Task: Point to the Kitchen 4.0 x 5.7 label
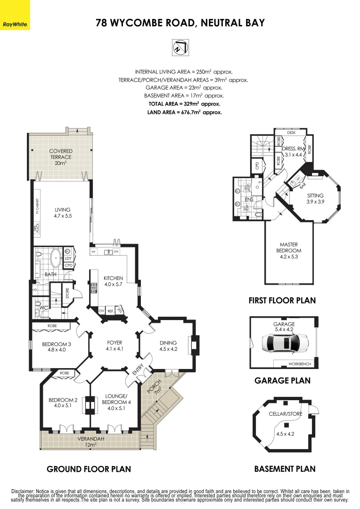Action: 113,281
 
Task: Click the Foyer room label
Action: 115,345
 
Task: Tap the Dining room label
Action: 168,346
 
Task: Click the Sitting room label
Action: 315,198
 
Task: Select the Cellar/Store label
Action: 285,413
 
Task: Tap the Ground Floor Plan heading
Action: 89,469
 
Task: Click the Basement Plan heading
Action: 285,469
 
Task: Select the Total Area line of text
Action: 184,104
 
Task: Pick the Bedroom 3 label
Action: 57,347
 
